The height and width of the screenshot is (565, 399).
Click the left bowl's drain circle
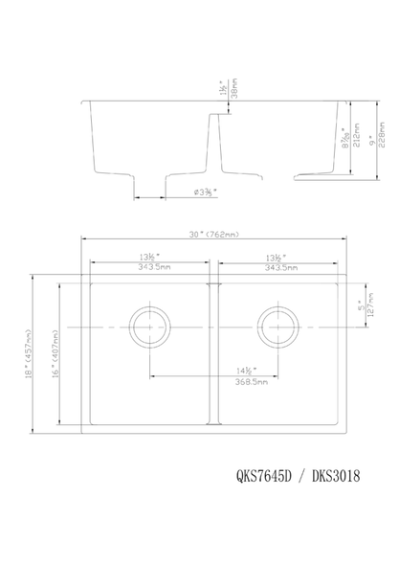coord(149,327)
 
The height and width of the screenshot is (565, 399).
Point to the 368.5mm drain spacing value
coord(214,380)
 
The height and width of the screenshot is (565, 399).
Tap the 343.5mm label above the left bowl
coord(148,268)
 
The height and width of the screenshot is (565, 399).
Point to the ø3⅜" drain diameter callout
coord(205,192)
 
